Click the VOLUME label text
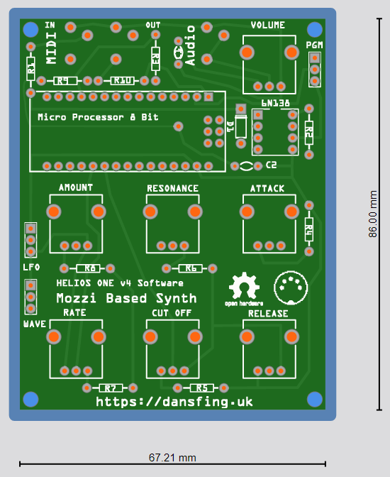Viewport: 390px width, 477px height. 268,25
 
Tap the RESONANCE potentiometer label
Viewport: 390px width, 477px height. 172,188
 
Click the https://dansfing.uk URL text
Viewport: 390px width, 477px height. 174,402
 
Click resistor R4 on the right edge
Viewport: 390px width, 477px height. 308,228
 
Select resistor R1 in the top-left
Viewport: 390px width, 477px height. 30,69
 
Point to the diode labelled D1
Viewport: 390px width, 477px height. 241,126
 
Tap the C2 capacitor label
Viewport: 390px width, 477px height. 271,165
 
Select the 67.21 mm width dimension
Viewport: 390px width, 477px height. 172,458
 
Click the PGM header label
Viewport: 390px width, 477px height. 314,45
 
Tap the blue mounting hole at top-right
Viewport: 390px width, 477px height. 314,29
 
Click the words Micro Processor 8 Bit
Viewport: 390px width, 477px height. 98,117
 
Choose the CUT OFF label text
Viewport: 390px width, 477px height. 172,312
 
